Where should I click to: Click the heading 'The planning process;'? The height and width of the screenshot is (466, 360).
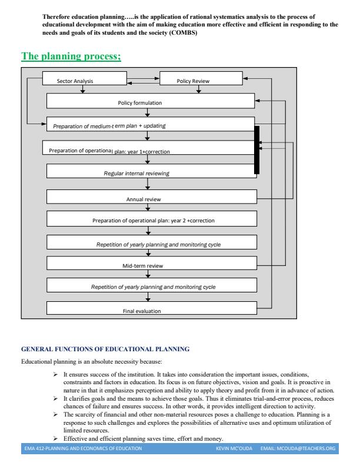click(71, 57)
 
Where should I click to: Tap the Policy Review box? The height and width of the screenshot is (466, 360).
click(201, 79)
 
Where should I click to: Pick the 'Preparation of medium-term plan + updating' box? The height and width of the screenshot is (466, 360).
click(152, 125)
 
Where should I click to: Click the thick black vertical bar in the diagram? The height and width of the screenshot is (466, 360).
click(256, 150)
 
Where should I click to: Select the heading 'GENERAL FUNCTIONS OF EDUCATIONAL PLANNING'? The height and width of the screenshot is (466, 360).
click(105, 349)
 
